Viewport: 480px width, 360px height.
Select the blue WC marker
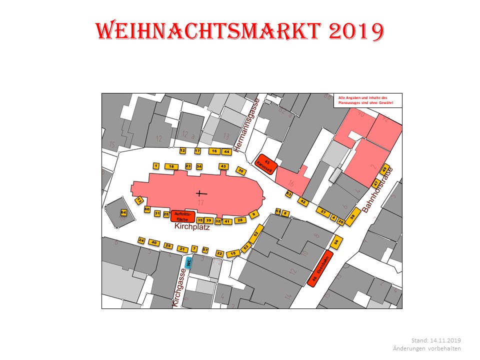[188, 261]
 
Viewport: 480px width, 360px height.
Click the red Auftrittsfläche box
[182, 216]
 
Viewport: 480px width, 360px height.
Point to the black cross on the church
[201, 193]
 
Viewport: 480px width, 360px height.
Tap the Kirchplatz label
[191, 226]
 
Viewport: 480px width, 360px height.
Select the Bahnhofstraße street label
[378, 190]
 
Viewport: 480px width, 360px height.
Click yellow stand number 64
[123, 212]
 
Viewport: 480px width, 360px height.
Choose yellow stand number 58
[353, 216]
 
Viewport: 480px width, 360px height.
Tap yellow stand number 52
[256, 234]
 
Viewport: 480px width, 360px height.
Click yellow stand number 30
[241, 171]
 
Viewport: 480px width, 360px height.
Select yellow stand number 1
[156, 166]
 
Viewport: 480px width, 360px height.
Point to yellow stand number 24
[141, 241]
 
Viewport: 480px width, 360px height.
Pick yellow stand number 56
[336, 241]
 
